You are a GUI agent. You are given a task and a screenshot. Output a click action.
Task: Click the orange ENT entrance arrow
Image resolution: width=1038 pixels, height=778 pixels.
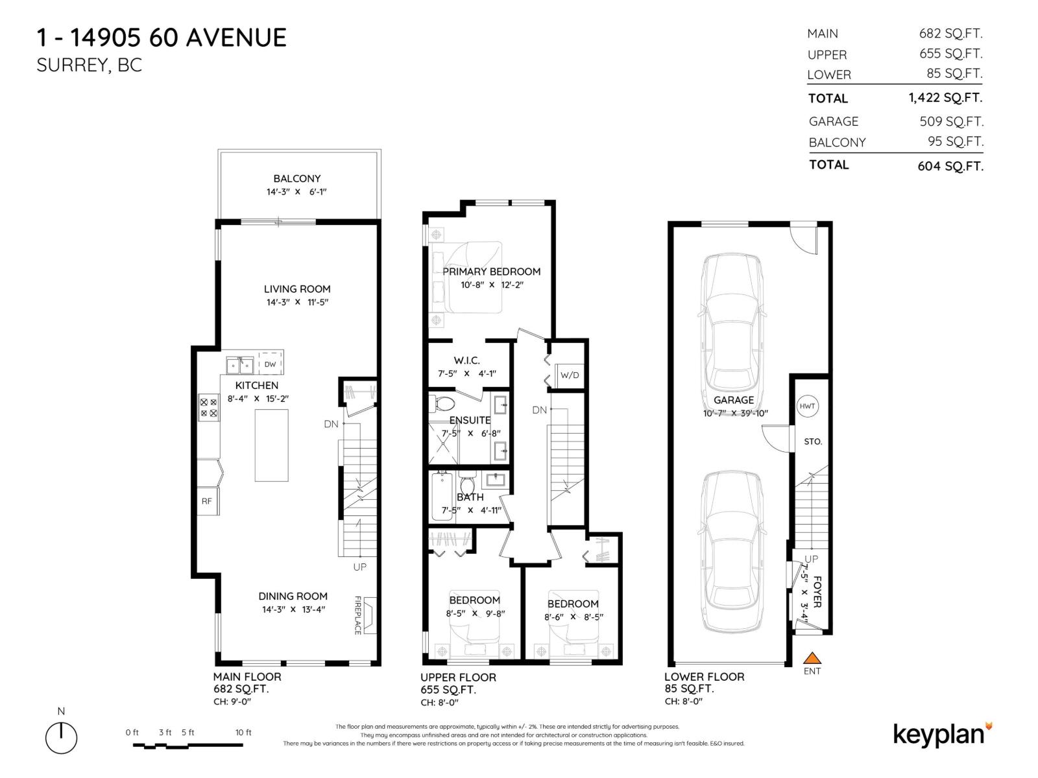[x=812, y=658]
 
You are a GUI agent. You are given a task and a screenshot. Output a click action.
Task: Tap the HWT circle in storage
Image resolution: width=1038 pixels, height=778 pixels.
[x=807, y=407]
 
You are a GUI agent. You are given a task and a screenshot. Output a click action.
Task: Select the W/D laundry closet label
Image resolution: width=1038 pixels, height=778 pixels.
[x=570, y=375]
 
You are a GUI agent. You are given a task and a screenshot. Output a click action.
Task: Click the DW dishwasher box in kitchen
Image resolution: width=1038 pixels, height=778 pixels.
[x=271, y=364]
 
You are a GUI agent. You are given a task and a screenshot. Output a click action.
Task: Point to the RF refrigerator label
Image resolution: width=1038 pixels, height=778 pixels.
[x=207, y=501]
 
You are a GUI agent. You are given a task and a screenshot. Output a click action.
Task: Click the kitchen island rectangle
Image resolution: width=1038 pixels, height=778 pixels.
[x=271, y=445]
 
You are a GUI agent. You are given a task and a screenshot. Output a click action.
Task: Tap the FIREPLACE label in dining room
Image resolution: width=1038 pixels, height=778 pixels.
[x=357, y=615]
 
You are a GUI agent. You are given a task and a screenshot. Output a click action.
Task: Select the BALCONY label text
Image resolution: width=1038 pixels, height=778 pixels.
[x=296, y=178]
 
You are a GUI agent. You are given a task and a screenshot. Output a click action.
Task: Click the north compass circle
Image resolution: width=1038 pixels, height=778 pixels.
[x=61, y=738]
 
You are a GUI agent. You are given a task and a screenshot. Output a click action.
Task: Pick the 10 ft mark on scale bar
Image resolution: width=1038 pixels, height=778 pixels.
[x=243, y=733]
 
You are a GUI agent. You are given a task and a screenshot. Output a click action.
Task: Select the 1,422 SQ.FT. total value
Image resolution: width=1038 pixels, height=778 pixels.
[x=945, y=98]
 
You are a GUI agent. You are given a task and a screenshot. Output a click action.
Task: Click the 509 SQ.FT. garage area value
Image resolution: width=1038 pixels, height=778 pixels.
[x=951, y=121]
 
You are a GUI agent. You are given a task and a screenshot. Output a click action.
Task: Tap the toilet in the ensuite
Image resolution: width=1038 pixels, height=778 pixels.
[x=443, y=404]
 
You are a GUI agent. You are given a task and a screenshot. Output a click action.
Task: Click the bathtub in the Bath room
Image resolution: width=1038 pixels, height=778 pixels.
[x=442, y=497]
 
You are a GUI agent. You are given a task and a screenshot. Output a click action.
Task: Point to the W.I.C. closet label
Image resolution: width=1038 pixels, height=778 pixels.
[x=466, y=360]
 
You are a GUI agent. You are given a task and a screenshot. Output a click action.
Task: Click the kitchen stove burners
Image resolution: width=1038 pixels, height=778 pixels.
[x=209, y=407]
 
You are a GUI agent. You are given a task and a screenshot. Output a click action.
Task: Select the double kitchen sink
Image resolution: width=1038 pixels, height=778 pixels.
[x=240, y=366]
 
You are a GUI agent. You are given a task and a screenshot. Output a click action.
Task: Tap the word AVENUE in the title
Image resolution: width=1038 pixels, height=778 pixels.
[x=235, y=38]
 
